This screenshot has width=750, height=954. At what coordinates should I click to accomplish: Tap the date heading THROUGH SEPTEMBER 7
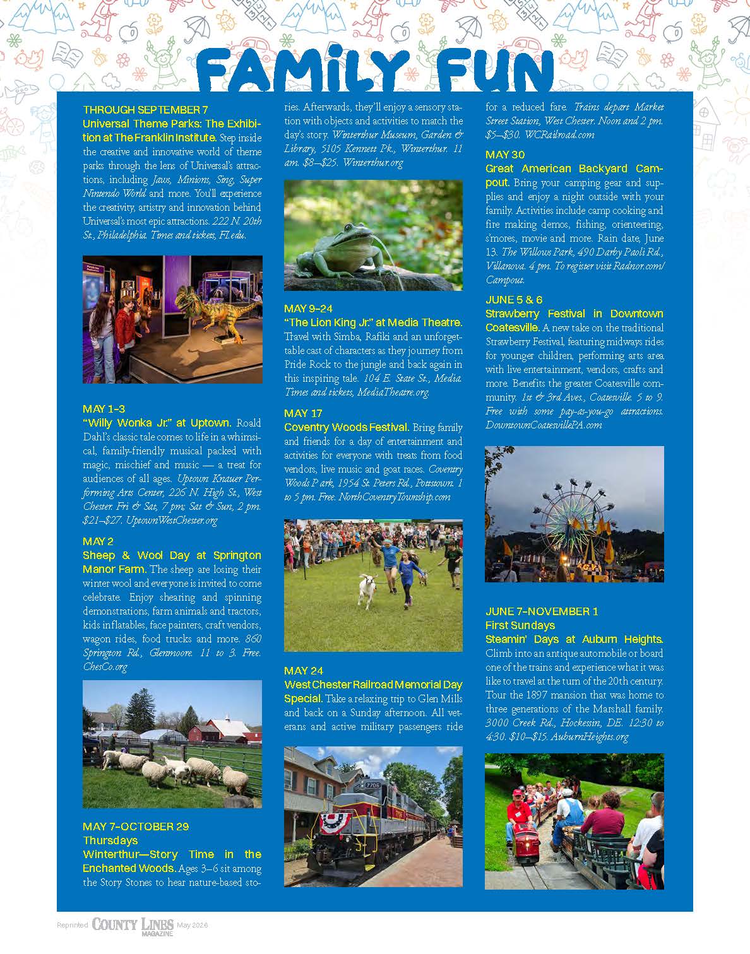pyautogui.click(x=145, y=110)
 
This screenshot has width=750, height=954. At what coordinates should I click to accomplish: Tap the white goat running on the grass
pyautogui.click(x=368, y=589)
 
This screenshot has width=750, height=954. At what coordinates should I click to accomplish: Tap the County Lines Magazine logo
pyautogui.click(x=133, y=925)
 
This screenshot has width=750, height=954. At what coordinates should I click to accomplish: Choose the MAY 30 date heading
pyautogui.click(x=505, y=155)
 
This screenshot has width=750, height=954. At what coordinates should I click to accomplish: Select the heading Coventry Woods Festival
pyautogui.click(x=347, y=427)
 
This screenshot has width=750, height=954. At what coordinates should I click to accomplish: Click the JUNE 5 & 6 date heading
pyautogui.click(x=514, y=300)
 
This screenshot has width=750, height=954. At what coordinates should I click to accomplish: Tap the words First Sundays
pyautogui.click(x=520, y=625)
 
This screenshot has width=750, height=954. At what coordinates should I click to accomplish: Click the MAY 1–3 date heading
pyautogui.click(x=104, y=409)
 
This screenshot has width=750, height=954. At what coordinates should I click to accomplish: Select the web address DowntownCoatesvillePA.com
pyautogui.click(x=544, y=425)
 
